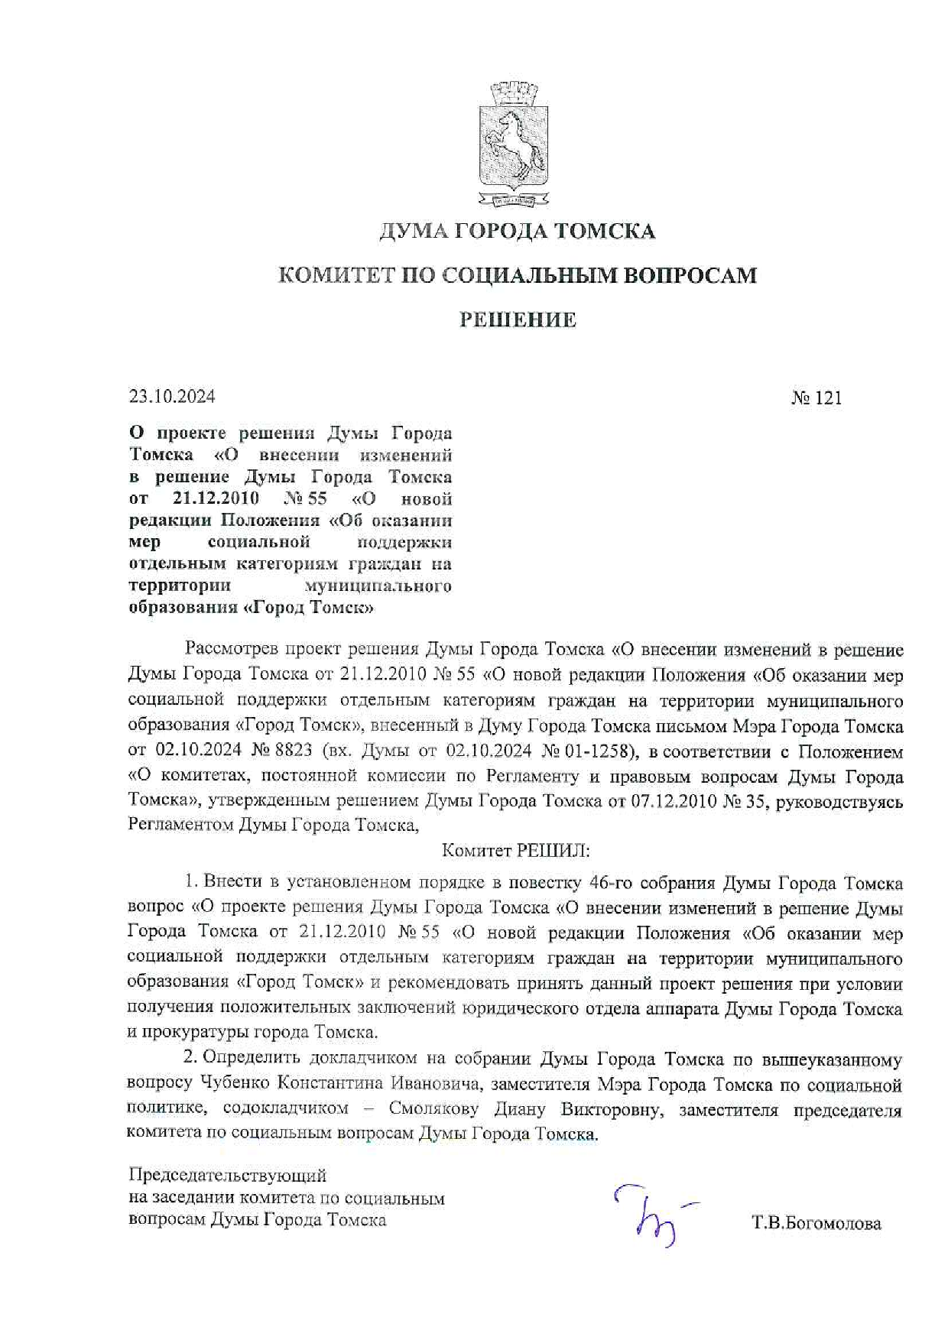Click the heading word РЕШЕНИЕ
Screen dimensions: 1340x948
coord(518,320)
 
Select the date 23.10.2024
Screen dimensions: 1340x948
coord(172,396)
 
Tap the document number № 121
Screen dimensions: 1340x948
coord(816,397)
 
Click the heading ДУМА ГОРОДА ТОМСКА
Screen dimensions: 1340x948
coord(518,231)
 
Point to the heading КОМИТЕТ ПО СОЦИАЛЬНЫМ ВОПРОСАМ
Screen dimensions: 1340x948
coord(518,275)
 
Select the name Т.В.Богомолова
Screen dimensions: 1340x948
coord(817,1223)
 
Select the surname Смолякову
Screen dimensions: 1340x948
coord(433,1109)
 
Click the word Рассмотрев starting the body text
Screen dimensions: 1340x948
coord(231,650)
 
